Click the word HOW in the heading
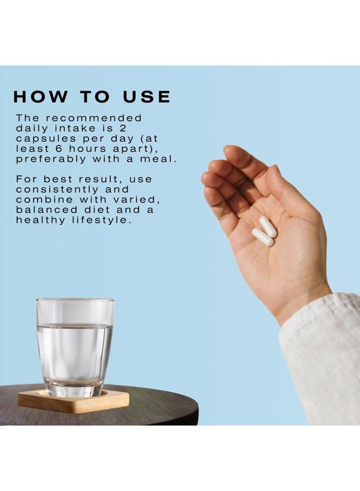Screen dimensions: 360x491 40,97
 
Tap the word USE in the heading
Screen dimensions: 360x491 147,97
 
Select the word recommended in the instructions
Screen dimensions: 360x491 94,118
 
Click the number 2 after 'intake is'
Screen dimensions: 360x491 122,128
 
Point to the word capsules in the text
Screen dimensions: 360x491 46,139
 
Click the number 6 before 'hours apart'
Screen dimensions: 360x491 58,148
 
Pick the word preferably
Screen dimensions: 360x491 51,159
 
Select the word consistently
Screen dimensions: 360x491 57,190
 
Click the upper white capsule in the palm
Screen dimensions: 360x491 268,227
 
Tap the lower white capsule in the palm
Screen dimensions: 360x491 263,237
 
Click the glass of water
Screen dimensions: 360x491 75,347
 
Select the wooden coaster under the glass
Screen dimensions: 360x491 73,402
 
